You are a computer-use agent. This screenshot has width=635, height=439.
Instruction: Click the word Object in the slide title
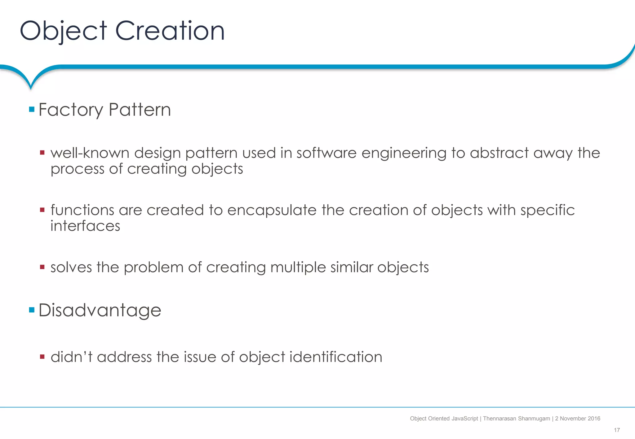pos(63,31)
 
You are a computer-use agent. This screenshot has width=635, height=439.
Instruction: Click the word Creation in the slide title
pos(170,31)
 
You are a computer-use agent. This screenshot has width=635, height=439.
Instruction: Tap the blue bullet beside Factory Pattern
pos(32,109)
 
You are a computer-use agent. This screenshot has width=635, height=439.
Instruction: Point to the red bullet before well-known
pos(42,153)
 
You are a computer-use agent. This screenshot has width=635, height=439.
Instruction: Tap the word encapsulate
pos(272,210)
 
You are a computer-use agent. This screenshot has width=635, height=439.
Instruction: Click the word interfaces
pos(85,226)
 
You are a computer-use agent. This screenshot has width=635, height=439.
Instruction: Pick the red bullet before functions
pos(42,210)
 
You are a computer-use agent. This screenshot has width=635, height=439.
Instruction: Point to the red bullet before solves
pos(42,267)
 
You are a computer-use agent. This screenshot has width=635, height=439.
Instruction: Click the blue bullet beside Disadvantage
pos(32,310)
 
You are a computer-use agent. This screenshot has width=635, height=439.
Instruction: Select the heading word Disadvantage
pos(100,310)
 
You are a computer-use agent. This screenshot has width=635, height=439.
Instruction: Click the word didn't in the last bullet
pos(72,357)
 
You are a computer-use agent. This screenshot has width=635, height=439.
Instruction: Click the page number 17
pos(617,430)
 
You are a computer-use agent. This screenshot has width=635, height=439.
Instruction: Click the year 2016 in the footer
pos(594,419)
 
